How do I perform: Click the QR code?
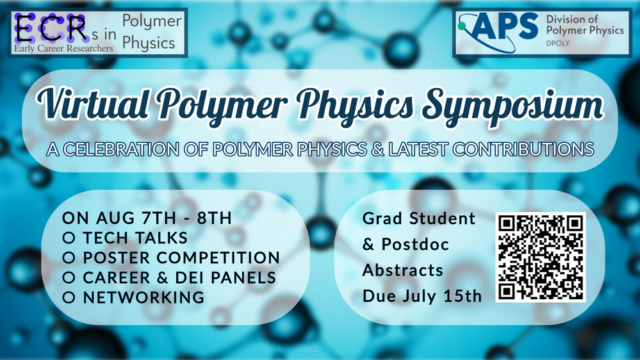coord(541,257)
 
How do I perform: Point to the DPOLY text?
coord(558,43)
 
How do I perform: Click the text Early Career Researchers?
coord(63,48)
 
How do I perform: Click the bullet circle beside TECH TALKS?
coord(69,238)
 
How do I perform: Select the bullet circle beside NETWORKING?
coord(69,298)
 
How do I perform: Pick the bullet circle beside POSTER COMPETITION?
coord(69,258)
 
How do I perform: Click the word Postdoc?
coord(415,245)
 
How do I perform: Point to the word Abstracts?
coord(403,270)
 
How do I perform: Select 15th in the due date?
coord(463,296)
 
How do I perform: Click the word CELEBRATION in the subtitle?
coord(121,149)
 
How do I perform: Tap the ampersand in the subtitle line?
coord(378,149)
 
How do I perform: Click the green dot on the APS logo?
coord(462,26)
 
